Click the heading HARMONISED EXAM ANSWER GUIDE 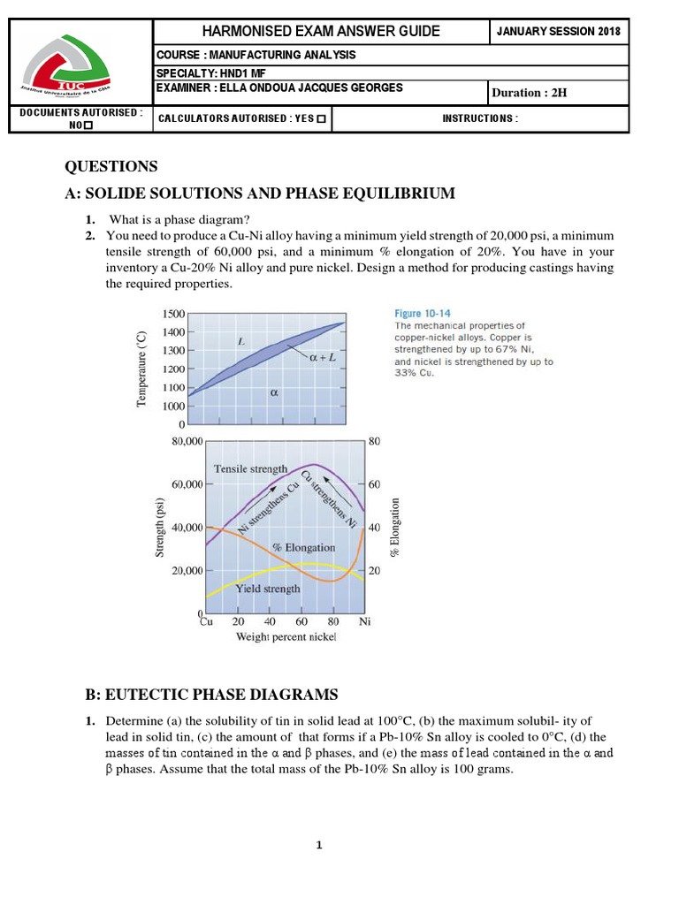(x=321, y=31)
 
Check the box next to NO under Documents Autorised (x=89, y=125)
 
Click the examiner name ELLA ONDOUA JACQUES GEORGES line (x=278, y=87)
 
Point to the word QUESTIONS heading (x=111, y=166)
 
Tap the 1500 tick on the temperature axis (x=174, y=313)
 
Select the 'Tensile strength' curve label (x=250, y=468)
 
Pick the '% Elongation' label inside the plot (x=302, y=548)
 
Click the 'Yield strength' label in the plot (x=267, y=588)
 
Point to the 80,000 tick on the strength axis (x=181, y=440)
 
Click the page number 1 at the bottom (x=320, y=846)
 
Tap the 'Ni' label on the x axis (x=364, y=622)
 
